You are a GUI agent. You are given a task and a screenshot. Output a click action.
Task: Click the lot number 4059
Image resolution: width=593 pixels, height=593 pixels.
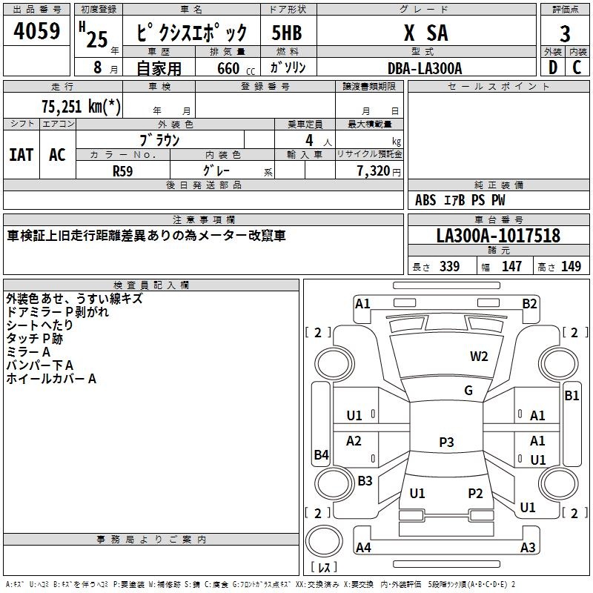[x=36, y=30]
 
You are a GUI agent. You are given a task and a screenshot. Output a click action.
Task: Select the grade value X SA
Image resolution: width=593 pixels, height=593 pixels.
[x=426, y=33]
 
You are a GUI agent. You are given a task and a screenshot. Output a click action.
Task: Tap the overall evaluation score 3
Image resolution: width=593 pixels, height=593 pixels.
[x=565, y=33]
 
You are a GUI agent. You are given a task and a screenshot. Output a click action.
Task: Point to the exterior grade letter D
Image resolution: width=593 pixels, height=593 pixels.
[x=553, y=67]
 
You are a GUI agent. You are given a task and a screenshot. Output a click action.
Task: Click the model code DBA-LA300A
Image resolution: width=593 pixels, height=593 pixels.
[x=425, y=68]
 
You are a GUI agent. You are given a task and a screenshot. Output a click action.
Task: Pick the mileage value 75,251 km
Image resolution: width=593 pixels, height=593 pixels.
[x=81, y=106]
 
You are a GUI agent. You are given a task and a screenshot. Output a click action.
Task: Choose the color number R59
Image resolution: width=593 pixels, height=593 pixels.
[x=122, y=171]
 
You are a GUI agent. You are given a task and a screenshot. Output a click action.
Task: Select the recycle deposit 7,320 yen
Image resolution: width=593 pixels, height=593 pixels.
[x=379, y=170]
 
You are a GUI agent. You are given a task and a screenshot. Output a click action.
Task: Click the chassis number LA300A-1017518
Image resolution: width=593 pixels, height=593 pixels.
[x=498, y=236]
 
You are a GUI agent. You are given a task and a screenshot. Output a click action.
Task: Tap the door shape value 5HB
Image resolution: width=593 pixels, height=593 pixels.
[x=287, y=33]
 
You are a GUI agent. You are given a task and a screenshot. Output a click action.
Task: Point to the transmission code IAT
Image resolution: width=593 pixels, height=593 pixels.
[x=21, y=155]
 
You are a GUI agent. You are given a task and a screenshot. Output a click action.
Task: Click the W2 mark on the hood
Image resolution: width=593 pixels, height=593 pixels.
[x=479, y=357]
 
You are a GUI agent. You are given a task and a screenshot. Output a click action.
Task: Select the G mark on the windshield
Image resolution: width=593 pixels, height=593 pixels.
[x=468, y=391]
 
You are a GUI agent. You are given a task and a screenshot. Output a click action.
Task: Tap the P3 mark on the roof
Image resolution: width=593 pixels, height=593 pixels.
[x=446, y=442]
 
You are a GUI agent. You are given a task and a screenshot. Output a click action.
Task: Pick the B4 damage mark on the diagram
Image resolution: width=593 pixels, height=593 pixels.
[x=321, y=454]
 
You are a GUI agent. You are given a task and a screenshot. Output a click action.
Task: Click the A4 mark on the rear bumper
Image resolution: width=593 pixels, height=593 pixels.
[x=363, y=547]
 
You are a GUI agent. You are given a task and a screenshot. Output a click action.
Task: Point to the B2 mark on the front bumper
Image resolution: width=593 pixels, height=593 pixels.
[x=529, y=304]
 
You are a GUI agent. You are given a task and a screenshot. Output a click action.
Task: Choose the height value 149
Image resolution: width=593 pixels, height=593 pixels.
[x=571, y=266]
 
